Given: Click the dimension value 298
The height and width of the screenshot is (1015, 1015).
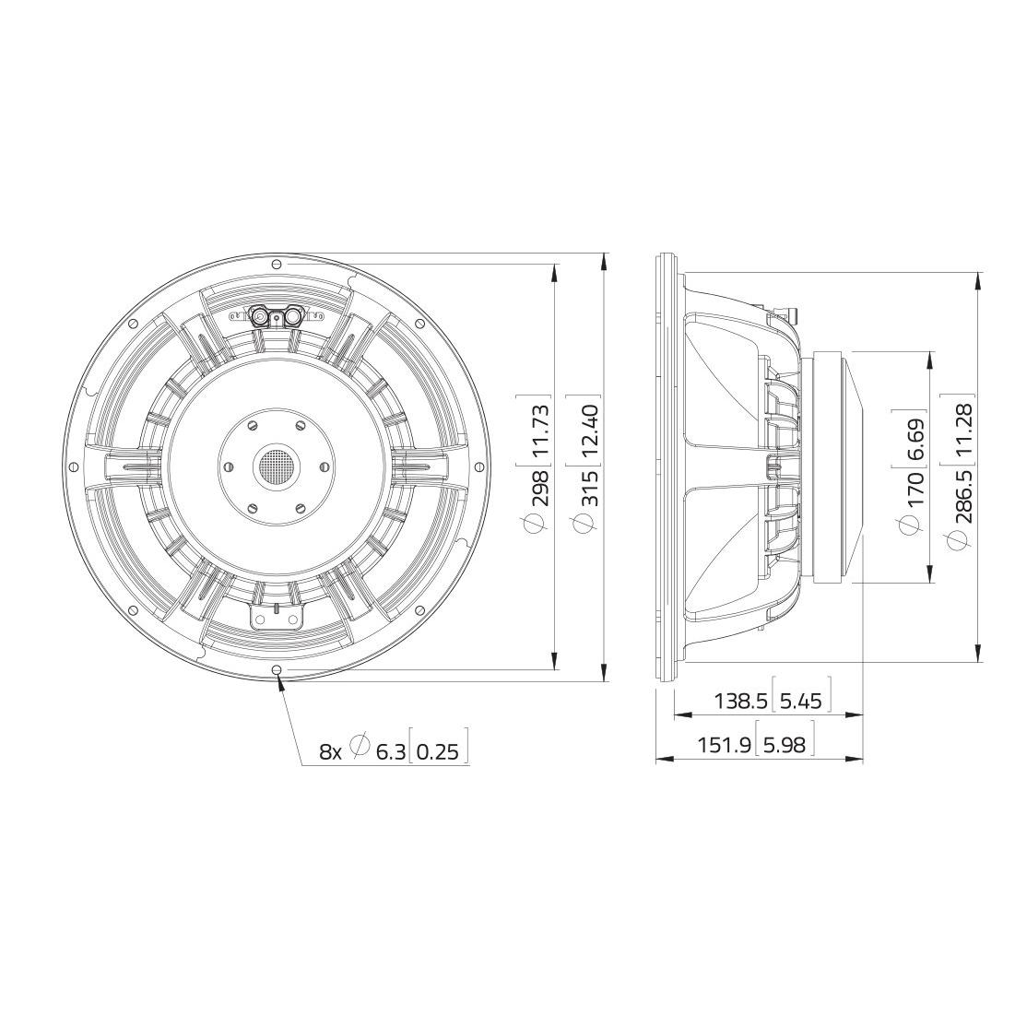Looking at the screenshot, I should [x=540, y=490].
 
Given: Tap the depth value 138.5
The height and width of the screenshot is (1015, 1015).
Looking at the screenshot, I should [x=740, y=701].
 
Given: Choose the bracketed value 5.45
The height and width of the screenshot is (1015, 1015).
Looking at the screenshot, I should [x=800, y=701].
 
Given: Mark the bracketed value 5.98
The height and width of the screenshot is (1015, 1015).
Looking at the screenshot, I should [x=784, y=744].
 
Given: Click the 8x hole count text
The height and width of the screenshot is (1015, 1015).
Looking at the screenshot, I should [x=330, y=751].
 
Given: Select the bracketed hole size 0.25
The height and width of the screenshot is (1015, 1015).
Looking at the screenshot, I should [x=437, y=751].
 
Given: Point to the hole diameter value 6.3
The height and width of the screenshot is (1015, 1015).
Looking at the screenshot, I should [x=390, y=751].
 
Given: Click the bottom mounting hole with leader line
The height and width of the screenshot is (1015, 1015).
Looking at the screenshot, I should [x=277, y=669].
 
